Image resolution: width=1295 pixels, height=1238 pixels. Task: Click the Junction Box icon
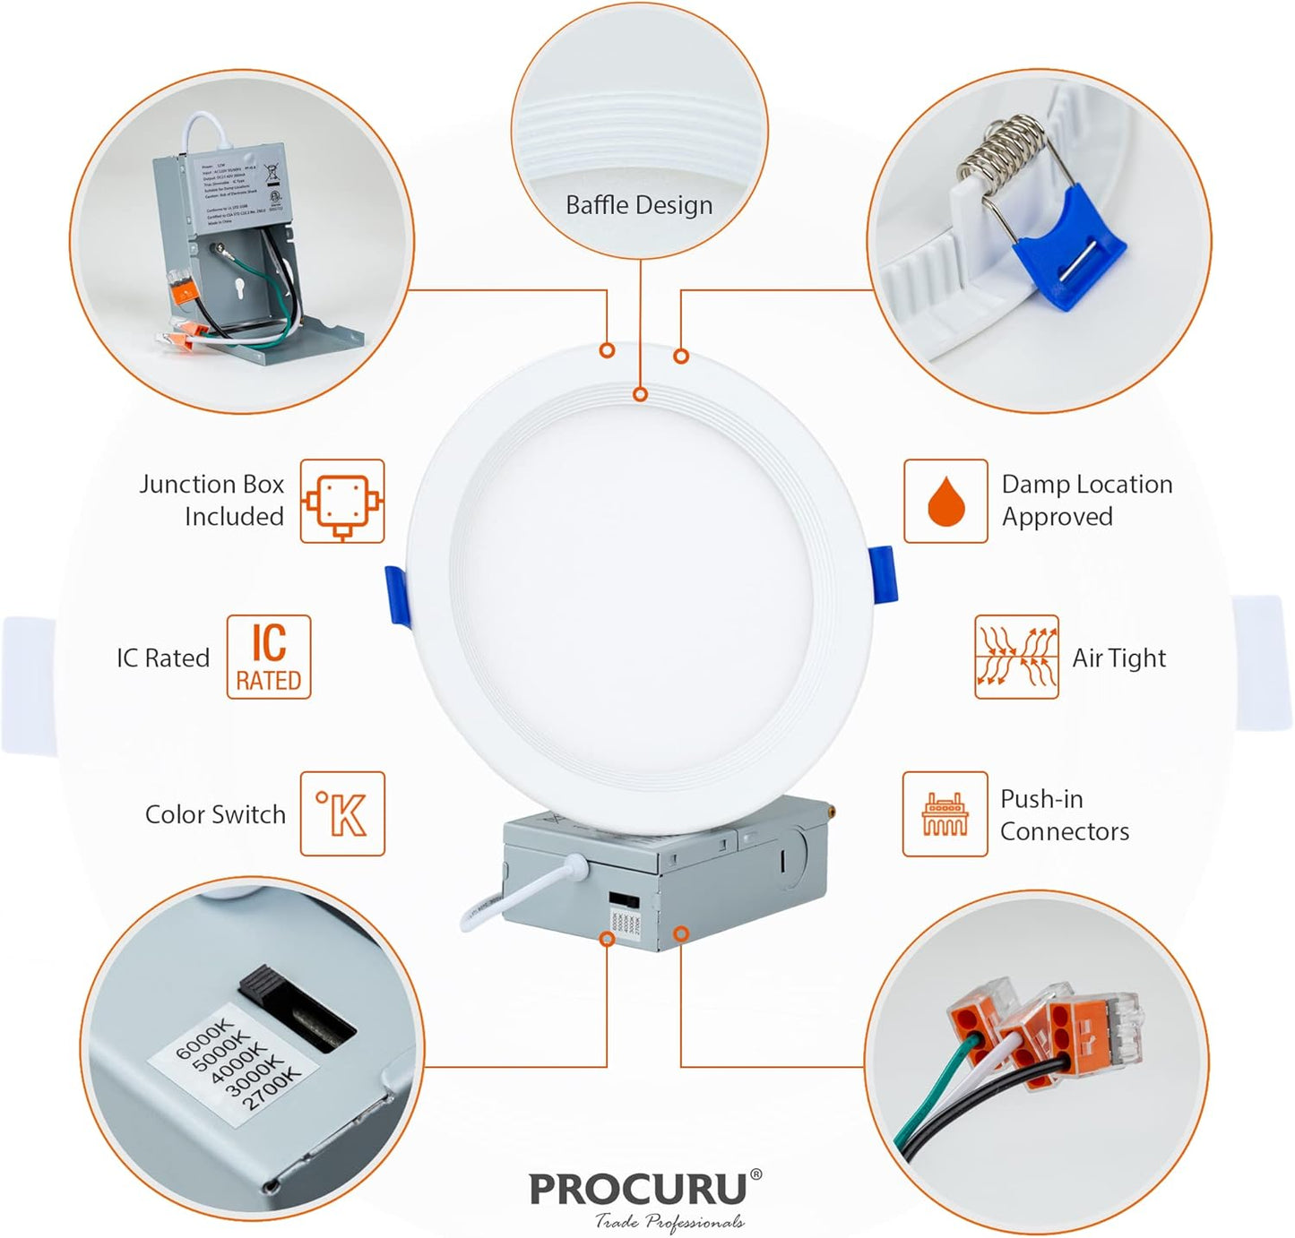pyautogui.click(x=342, y=502)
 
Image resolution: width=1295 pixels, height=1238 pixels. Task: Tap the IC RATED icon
pyautogui.click(x=269, y=658)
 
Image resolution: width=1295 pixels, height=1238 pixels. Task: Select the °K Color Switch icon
pyautogui.click(x=342, y=813)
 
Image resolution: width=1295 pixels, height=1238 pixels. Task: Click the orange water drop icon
pyautogui.click(x=945, y=502)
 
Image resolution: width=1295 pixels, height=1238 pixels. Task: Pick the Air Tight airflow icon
pyautogui.click(x=1016, y=658)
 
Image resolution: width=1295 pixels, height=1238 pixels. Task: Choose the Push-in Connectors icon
pyautogui.click(x=945, y=813)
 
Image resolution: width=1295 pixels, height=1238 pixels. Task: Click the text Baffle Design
pyautogui.click(x=639, y=205)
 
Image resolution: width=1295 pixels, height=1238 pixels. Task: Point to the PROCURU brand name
pyautogui.click(x=638, y=1189)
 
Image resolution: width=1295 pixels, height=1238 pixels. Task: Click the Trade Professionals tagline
pyautogui.click(x=669, y=1221)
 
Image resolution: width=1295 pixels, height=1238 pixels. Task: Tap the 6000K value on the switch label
pyautogui.click(x=204, y=1037)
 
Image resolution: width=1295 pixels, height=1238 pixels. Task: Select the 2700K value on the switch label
pyautogui.click(x=271, y=1090)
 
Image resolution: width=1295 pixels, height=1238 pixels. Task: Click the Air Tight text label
pyautogui.click(x=1118, y=658)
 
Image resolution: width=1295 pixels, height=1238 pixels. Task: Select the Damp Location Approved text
pyautogui.click(x=1086, y=501)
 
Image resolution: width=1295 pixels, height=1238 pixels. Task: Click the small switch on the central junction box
pyautogui.click(x=618, y=898)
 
